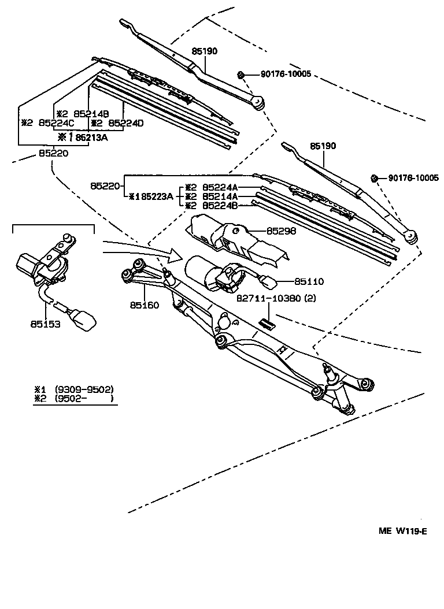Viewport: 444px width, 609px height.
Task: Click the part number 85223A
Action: pos(154,196)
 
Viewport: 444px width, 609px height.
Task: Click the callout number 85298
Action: pos(281,231)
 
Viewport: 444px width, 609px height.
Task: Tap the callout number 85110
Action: pos(309,281)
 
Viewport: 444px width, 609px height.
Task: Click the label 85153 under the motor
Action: pos(45,325)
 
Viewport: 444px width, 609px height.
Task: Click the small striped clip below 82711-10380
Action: pos(267,323)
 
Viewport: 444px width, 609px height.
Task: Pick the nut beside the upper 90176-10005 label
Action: pos(242,75)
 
